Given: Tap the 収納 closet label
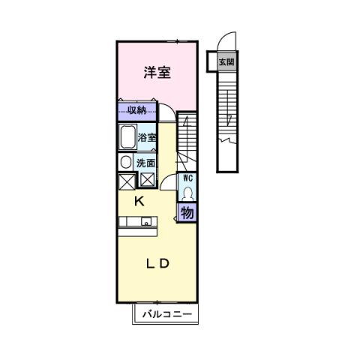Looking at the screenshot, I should click(x=136, y=111).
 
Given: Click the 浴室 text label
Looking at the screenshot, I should click(x=147, y=137).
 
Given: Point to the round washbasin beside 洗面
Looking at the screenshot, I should click(x=125, y=162).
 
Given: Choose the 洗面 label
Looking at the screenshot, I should click(x=145, y=163).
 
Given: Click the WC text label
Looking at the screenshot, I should click(x=187, y=178).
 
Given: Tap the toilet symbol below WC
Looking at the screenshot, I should click(x=187, y=192).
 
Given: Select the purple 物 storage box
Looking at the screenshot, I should click(x=187, y=212).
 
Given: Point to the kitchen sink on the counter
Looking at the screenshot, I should click(x=146, y=221).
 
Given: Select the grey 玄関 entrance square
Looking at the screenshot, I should click(x=225, y=62).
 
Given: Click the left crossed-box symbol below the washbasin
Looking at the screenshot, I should click(x=126, y=180).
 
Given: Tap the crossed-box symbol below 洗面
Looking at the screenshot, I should click(x=147, y=180).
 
